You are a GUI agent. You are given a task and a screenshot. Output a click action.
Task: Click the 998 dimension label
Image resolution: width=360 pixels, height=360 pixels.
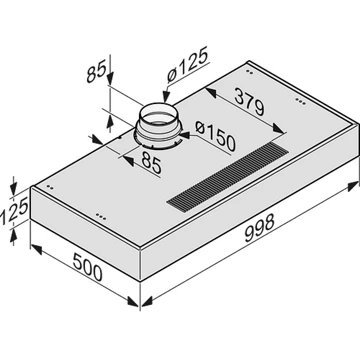pos(259,228)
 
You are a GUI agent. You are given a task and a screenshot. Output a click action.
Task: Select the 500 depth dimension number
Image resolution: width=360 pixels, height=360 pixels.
pos(87,267)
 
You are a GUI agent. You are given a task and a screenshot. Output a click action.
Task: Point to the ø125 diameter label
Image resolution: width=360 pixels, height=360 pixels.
pos(188,64)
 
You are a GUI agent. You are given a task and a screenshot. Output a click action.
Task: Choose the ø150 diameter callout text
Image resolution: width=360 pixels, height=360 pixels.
pos(215,136)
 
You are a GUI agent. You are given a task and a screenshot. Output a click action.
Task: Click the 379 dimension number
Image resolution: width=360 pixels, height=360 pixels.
pos(249,101)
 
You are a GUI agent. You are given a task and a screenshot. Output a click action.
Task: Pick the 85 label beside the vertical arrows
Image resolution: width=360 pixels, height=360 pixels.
pos(96,71)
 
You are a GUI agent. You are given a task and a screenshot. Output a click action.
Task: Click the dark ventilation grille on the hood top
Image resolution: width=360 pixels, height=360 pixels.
pos(228,176)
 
